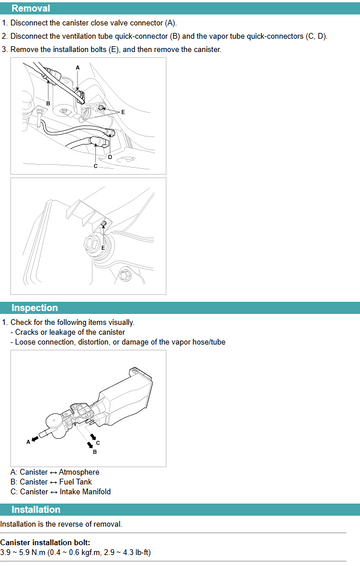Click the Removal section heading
click(31, 8)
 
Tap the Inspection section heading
click(35, 308)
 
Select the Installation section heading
click(36, 510)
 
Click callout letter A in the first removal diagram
click(78, 68)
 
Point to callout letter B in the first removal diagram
click(48, 104)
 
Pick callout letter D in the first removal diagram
click(110, 157)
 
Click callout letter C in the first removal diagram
click(95, 166)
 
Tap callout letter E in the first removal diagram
click(123, 112)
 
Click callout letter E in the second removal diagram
click(103, 248)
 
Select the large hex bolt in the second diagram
click(92, 245)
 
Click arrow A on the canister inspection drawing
click(35, 439)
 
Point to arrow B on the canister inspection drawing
click(90, 445)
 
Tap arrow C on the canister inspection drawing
click(93, 436)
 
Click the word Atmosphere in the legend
click(79, 472)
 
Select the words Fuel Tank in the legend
click(75, 482)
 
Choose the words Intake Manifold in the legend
click(85, 492)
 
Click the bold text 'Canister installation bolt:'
click(45, 543)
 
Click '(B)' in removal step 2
click(175, 36)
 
